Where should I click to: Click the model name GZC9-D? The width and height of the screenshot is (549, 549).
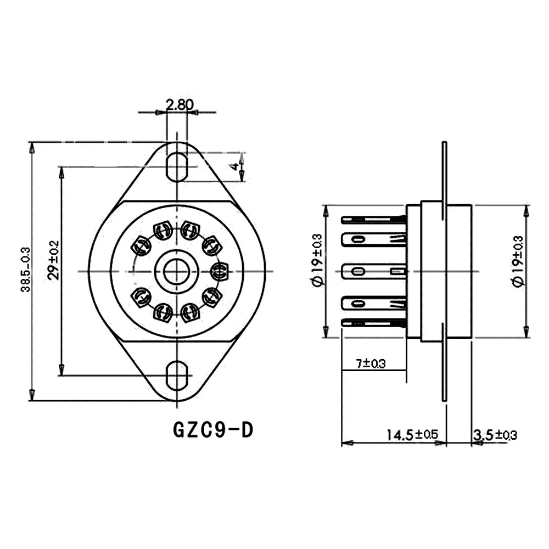coord(213,429)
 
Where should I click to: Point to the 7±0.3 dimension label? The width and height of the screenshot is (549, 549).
coord(371,363)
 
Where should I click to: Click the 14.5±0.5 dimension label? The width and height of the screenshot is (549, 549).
coord(412,435)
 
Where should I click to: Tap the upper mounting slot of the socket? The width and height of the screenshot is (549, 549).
coord(176,164)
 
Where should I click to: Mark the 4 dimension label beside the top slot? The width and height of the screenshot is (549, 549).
coord(236,165)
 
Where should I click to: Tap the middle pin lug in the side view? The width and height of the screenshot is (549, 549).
coord(374,271)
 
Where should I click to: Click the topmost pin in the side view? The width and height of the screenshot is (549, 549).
coord(374,220)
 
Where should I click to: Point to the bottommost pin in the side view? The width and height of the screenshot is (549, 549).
coord(374,322)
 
